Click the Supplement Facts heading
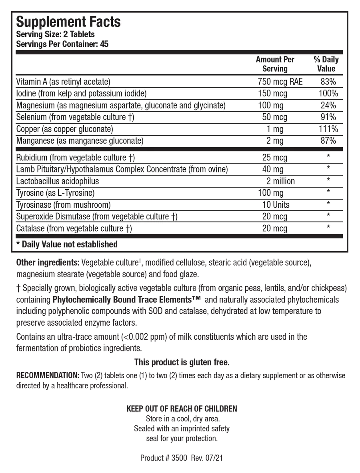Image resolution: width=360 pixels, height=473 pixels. (x=68, y=22)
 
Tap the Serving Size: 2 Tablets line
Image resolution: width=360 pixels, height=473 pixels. (x=55, y=34)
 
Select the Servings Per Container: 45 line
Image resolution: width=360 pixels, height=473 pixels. (x=62, y=44)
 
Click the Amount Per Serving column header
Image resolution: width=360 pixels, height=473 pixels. (x=275, y=64)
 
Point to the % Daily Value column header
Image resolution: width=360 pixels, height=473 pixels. (x=326, y=64)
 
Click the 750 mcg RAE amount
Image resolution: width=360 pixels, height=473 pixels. (x=280, y=82)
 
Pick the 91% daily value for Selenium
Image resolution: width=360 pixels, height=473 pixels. (x=328, y=117)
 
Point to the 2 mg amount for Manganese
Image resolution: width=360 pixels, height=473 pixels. (x=275, y=141)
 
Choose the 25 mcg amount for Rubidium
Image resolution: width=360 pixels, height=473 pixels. (x=275, y=158)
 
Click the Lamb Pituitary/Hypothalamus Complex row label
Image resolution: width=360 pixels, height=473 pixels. (x=122, y=169)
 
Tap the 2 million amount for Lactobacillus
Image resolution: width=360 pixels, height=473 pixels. (x=281, y=181)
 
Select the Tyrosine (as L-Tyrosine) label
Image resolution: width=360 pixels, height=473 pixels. (x=55, y=193)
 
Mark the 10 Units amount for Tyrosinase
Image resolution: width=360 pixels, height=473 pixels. (x=276, y=205)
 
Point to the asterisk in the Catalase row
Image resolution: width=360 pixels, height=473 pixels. (x=328, y=227)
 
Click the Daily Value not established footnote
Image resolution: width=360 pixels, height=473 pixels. (x=67, y=244)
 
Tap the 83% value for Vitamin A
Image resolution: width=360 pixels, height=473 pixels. (x=328, y=82)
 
